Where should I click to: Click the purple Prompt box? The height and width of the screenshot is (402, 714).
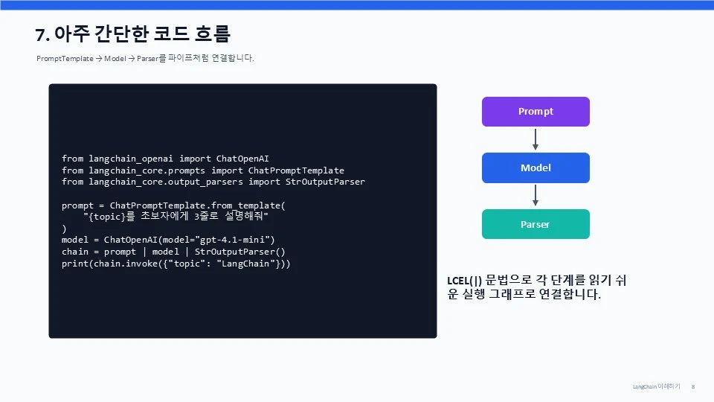535,112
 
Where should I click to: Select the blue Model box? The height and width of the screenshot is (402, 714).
535,167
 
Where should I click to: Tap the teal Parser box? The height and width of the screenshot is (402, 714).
535,224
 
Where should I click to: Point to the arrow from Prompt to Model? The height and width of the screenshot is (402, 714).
535,139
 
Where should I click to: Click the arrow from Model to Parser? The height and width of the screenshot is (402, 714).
535,196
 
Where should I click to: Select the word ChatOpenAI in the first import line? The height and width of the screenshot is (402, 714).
242,159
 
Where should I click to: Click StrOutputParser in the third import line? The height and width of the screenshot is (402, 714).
325,182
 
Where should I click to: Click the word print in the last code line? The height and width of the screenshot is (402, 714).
75,264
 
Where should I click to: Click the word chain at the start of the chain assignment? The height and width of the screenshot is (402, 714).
75,252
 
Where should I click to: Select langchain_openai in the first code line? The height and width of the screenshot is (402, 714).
131,159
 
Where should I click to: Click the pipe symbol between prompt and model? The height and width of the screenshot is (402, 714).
144,252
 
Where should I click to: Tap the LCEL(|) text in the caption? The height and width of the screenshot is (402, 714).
464,281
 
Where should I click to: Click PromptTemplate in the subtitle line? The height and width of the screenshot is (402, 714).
65,58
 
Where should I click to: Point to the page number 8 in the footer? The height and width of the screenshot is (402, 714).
693,386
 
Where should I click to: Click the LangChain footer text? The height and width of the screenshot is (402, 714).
644,386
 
